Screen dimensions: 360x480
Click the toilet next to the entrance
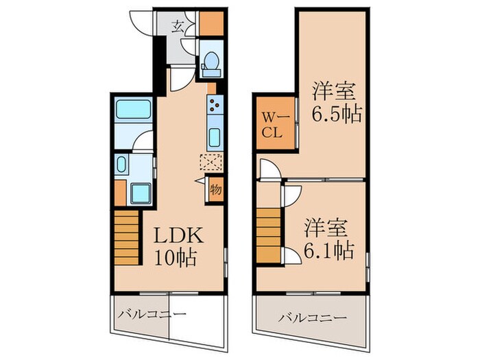(211, 62)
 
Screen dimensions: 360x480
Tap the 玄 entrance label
(178, 27)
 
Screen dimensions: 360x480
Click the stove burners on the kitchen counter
(214, 105)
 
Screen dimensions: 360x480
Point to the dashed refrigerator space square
(212, 163)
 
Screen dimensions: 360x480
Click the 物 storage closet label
(215, 188)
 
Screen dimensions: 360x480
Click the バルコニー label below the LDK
(152, 315)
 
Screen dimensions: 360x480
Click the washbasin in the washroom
(121, 165)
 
